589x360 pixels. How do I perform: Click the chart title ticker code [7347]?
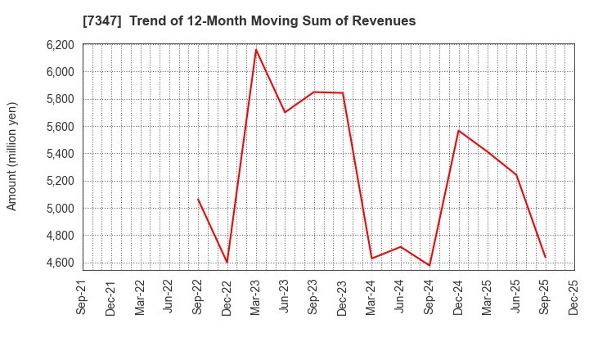pyautogui.click(x=101, y=21)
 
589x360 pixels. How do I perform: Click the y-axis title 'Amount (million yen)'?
pyautogui.click(x=12, y=156)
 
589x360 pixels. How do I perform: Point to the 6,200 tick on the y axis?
pyautogui.click(x=58, y=45)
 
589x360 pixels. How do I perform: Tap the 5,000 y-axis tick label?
pyautogui.click(x=58, y=208)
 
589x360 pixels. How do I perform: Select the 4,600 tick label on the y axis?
pyautogui.click(x=58, y=263)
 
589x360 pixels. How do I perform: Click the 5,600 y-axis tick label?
pyautogui.click(x=58, y=126)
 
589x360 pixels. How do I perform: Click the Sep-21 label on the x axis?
pyautogui.click(x=81, y=298)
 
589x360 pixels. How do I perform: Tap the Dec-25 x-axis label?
pyautogui.click(x=573, y=298)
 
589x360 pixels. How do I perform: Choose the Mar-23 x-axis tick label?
pyautogui.click(x=254, y=298)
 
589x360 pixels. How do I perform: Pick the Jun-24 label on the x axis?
pyautogui.click(x=399, y=298)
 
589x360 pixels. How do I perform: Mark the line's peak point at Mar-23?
pyautogui.click(x=256, y=50)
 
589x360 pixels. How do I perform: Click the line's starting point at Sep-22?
pyautogui.click(x=198, y=199)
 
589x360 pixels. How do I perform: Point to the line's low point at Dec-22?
pyautogui.click(x=227, y=263)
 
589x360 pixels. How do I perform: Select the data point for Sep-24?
pyautogui.click(x=429, y=265)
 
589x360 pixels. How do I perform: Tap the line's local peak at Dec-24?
pyautogui.click(x=458, y=131)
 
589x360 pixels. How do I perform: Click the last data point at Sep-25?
pyautogui.click(x=545, y=258)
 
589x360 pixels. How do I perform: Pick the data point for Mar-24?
pyautogui.click(x=371, y=259)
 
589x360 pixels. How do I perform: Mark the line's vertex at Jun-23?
pyautogui.click(x=285, y=112)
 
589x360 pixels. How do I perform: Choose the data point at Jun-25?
pyautogui.click(x=516, y=174)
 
